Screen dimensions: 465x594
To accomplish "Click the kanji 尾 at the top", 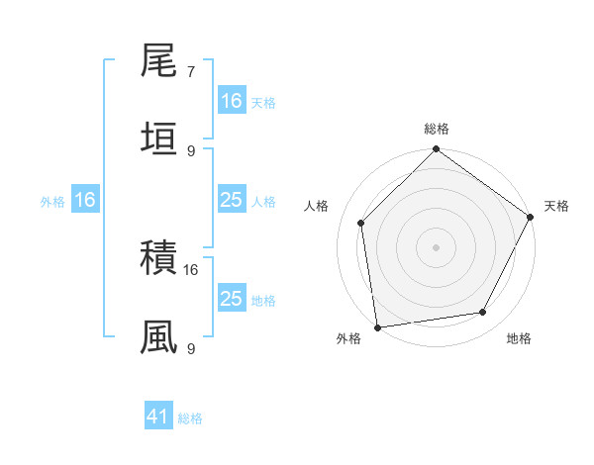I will pyautogui.click(x=158, y=63).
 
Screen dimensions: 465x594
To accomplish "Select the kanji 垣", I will pyautogui.click(x=158, y=139).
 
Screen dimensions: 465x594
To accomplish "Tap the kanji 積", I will pyautogui.click(x=158, y=259).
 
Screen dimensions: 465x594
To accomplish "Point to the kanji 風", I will pyautogui.click(x=158, y=336).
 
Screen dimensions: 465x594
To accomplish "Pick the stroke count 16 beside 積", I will pyautogui.click(x=191, y=269).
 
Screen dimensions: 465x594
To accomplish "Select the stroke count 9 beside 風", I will pyautogui.click(x=190, y=347).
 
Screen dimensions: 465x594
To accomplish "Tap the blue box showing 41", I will pyautogui.click(x=158, y=418).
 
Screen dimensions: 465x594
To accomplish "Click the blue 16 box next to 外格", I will pyautogui.click(x=85, y=200).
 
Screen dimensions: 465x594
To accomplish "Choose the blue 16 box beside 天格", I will pyautogui.click(x=231, y=100).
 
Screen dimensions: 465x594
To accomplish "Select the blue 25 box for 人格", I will pyautogui.click(x=231, y=200).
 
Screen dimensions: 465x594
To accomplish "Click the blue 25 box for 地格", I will pyautogui.click(x=231, y=299).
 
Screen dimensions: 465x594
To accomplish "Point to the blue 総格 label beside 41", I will pyautogui.click(x=190, y=418).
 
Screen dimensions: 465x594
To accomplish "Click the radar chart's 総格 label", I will pyautogui.click(x=436, y=129).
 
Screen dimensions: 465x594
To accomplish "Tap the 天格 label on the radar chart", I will pyautogui.click(x=556, y=206).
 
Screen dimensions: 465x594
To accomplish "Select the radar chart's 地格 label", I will pyautogui.click(x=519, y=338).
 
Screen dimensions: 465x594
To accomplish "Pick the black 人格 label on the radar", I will pyautogui.click(x=316, y=206).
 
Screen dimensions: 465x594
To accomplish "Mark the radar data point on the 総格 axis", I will pyautogui.click(x=436, y=150).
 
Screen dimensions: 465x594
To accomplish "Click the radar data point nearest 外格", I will pyautogui.click(x=377, y=326).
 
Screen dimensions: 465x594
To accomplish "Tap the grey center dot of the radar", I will pyautogui.click(x=436, y=246).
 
